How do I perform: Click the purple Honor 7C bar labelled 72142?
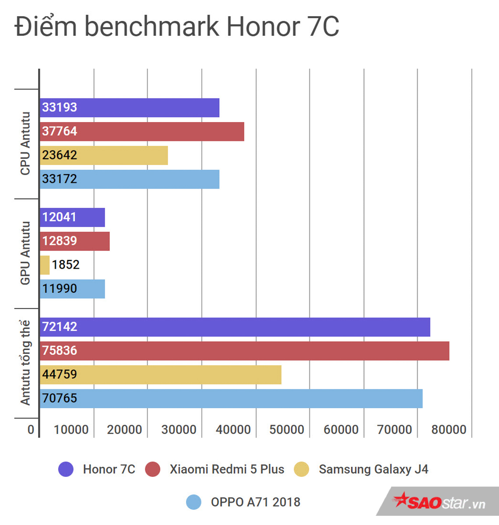coord(235,327)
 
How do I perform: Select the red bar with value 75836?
coord(244,350)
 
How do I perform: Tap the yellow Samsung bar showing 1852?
coord(45,265)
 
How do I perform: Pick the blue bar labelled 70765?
coord(231,398)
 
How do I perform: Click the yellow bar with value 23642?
coord(104,155)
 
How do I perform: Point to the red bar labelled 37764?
coord(142,131)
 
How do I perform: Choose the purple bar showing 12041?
coord(72,217)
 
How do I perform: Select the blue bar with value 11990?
coord(72,289)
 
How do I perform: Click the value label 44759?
coord(60,374)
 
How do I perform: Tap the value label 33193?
coord(60,107)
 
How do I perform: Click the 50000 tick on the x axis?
coord(287,430)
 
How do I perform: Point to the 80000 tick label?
coord(449,430)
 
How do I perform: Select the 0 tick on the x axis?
coord(31,430)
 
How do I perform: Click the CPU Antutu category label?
coord(25,143)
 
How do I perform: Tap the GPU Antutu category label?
coord(25,253)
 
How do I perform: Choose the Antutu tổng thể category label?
coord(25,363)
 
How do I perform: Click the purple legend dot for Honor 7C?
coord(66,469)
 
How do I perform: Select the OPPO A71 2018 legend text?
coord(256,502)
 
